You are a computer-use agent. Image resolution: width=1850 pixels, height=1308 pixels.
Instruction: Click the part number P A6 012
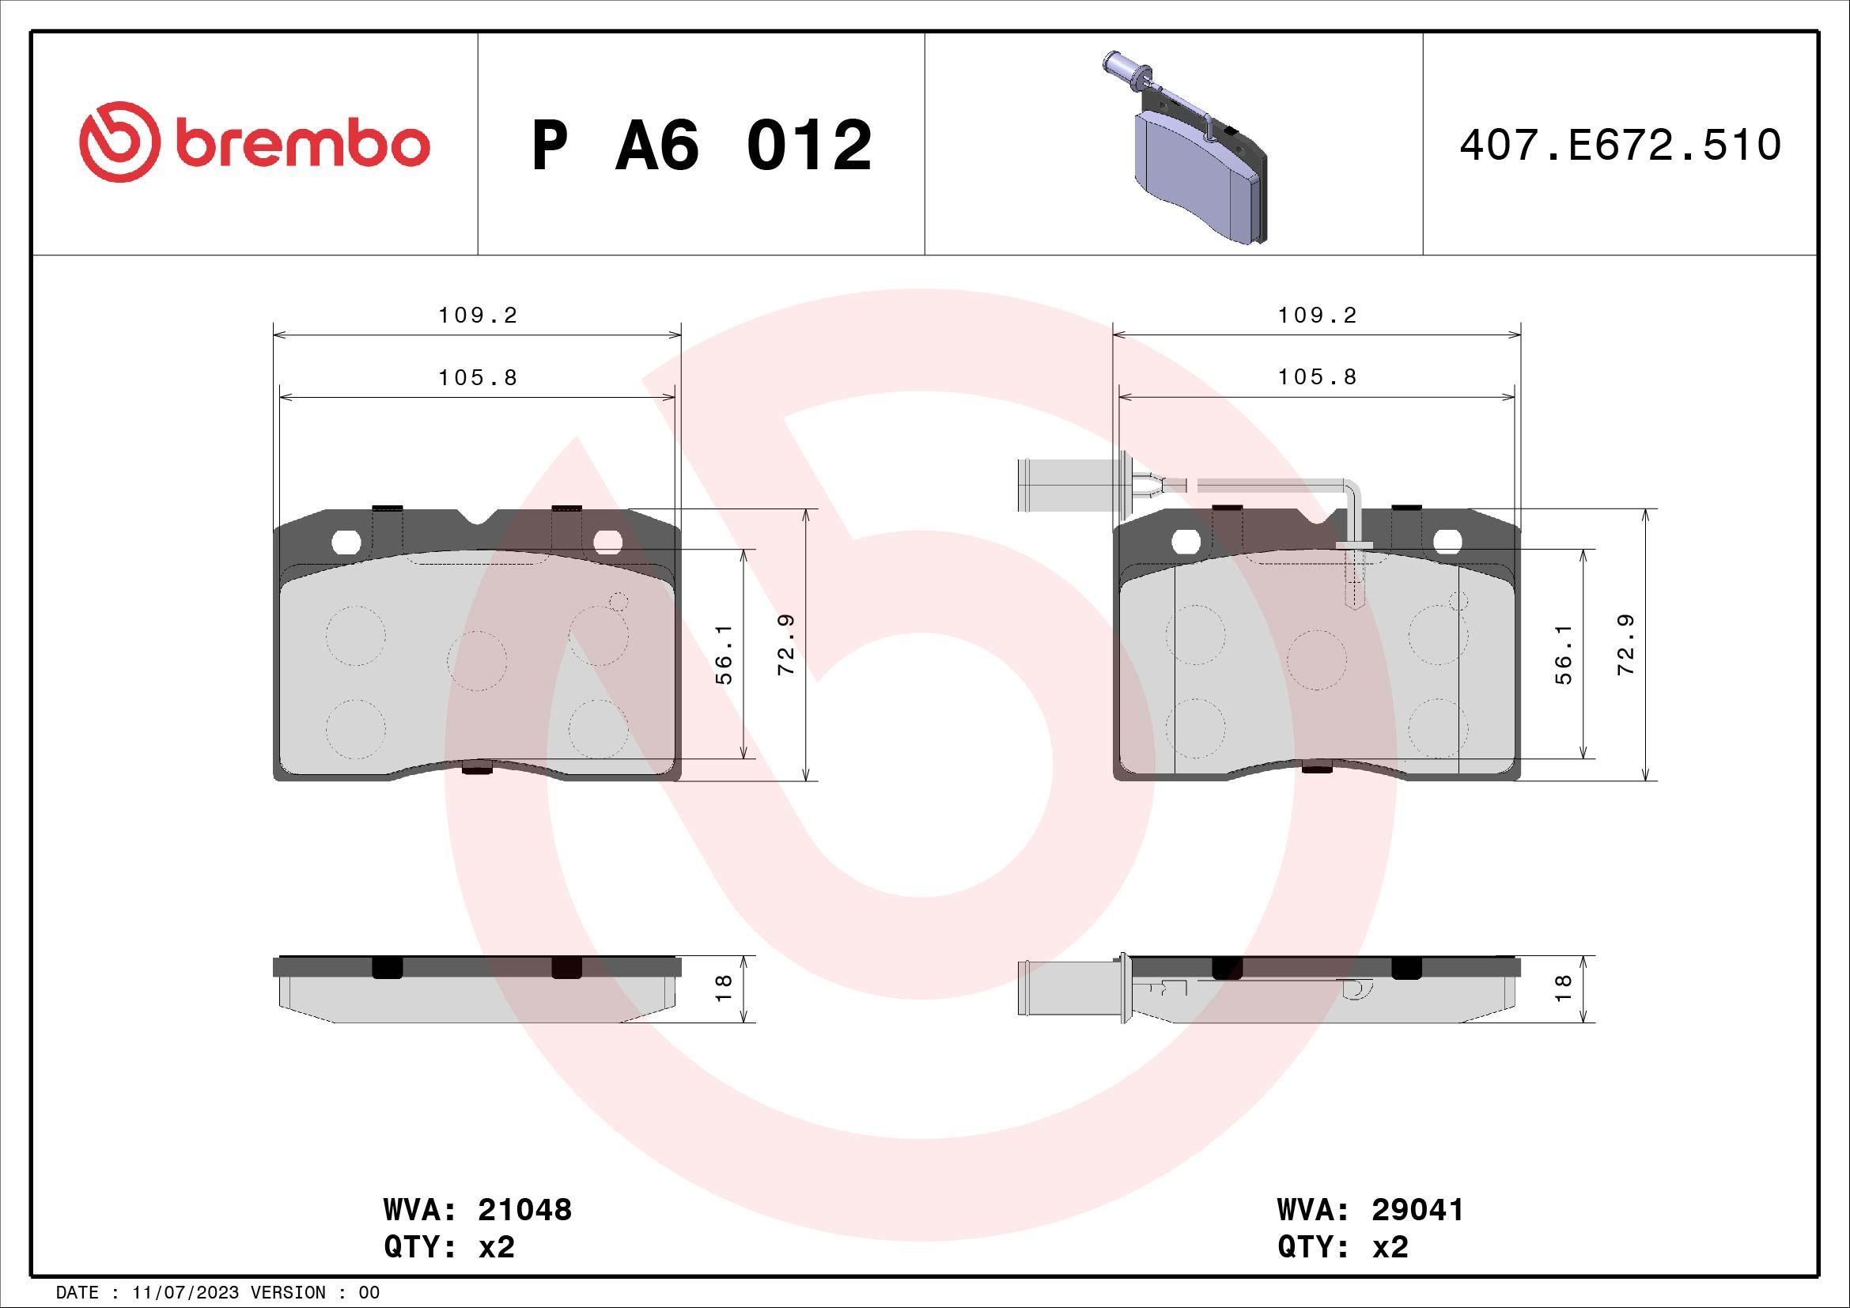click(x=702, y=146)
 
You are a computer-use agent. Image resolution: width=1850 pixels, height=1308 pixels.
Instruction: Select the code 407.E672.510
click(x=1620, y=146)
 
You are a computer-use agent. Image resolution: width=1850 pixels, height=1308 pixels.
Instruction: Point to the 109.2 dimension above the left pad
click(x=478, y=316)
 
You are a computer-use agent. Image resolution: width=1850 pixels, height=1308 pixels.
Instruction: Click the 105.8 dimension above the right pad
click(x=1318, y=377)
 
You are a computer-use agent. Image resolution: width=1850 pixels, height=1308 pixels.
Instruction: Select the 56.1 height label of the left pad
click(x=725, y=653)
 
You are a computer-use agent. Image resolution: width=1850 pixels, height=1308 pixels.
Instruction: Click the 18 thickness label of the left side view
click(x=724, y=989)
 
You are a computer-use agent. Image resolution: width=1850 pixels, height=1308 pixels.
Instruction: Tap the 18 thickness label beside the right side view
click(x=1564, y=989)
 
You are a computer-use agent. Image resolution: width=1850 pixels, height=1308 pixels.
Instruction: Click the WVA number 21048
click(x=524, y=1210)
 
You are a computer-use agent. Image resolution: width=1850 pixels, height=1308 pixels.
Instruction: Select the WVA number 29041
click(x=1417, y=1210)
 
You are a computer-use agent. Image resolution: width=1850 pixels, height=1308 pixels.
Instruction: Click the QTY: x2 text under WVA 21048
click(x=448, y=1247)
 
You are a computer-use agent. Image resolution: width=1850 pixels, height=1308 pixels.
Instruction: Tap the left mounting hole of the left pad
click(x=347, y=542)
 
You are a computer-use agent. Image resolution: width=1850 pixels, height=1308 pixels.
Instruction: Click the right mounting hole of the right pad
click(x=1448, y=542)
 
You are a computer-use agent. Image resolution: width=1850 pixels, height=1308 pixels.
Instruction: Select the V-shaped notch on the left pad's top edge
click(x=477, y=517)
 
